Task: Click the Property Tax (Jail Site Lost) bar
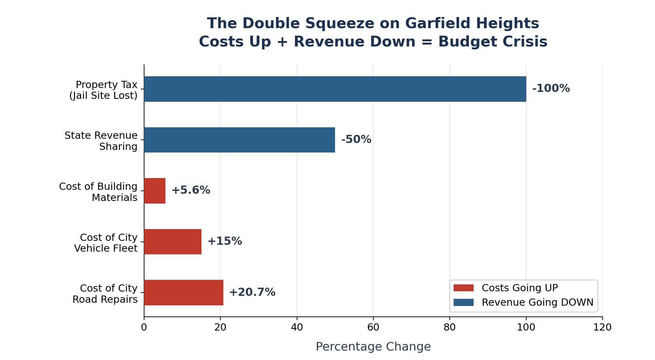tap(335, 89)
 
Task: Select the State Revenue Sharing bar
tap(239, 140)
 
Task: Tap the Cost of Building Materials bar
tap(155, 191)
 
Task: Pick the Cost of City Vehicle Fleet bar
tap(173, 242)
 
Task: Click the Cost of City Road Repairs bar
tap(183, 293)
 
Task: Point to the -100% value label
tap(551, 88)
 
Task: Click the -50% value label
tap(356, 139)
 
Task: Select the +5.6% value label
tap(191, 190)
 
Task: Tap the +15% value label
tap(225, 241)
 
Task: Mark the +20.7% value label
tap(252, 292)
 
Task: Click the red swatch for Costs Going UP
tap(463, 288)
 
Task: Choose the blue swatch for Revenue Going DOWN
tap(463, 302)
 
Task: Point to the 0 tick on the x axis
tap(144, 327)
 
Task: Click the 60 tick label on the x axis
tap(373, 327)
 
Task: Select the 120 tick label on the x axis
tap(602, 327)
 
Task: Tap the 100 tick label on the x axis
tap(526, 327)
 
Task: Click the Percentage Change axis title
tap(373, 347)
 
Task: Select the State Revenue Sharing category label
tap(101, 141)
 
